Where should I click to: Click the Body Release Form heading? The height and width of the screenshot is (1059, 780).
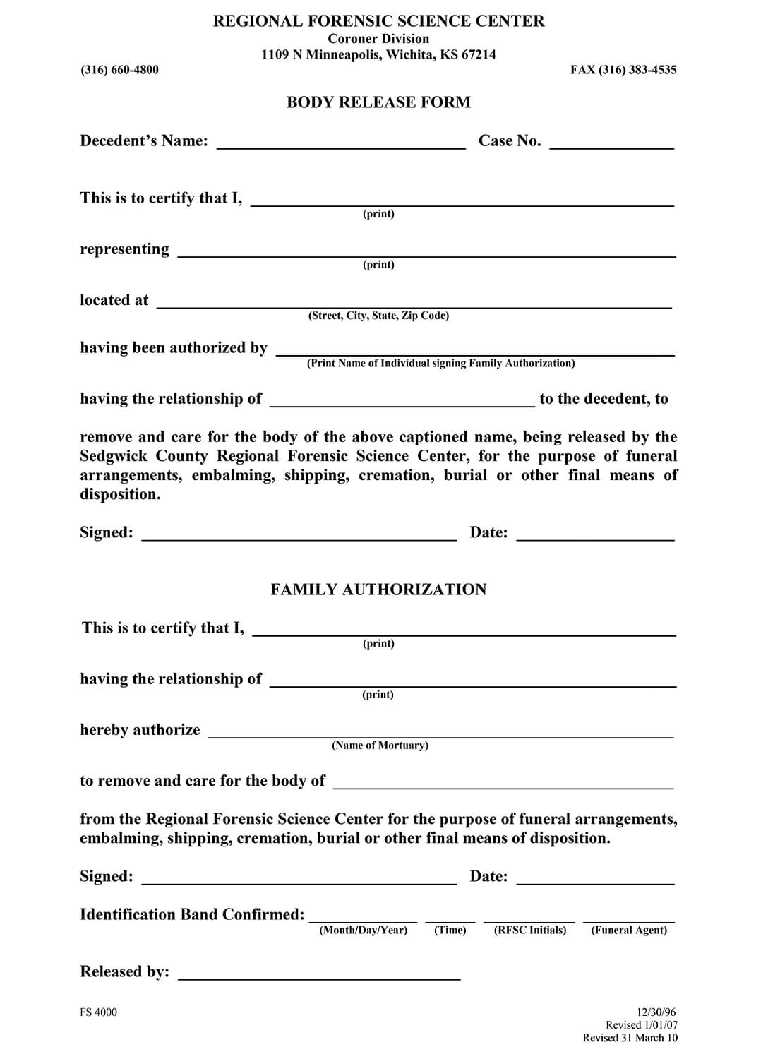click(x=378, y=102)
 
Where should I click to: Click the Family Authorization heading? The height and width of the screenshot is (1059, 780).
click(x=378, y=590)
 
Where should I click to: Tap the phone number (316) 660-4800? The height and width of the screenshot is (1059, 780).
click(x=119, y=70)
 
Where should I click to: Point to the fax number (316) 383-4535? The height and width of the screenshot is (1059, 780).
click(x=623, y=70)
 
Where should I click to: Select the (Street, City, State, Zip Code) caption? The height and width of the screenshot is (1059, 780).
click(x=378, y=316)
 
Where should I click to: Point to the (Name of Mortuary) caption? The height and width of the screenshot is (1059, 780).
click(x=380, y=746)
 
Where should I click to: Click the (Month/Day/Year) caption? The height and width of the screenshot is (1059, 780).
click(x=364, y=931)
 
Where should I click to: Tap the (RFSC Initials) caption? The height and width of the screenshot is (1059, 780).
click(x=530, y=931)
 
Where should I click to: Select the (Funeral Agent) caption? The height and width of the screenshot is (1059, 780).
click(x=629, y=931)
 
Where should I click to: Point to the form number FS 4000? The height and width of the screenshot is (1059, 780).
click(x=99, y=1012)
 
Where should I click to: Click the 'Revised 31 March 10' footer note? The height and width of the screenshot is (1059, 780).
click(x=630, y=1038)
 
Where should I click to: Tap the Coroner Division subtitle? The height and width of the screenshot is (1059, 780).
click(x=378, y=39)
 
